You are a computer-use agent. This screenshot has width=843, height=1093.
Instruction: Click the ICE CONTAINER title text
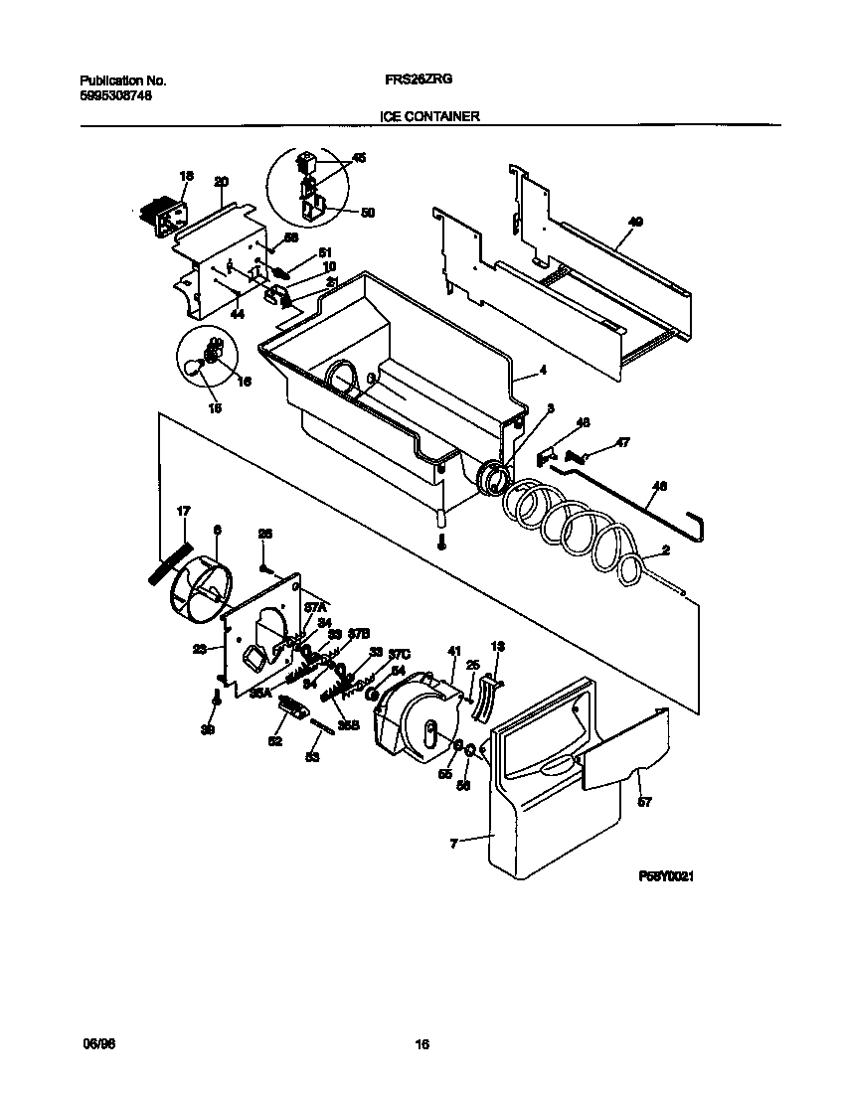coord(429,116)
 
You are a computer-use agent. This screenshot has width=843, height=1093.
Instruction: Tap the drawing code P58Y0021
coord(665,877)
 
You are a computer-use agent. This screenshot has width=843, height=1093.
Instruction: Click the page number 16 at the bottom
coord(421,1044)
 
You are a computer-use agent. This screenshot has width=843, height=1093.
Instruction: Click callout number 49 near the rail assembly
coord(635,222)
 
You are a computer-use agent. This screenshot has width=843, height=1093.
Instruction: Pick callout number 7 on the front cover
coord(454,844)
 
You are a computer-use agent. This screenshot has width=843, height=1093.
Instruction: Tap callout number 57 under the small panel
coord(644,802)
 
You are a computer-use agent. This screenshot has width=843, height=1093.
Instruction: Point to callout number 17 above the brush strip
coord(183,511)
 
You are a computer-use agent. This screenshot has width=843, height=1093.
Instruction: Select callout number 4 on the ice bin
coord(543,372)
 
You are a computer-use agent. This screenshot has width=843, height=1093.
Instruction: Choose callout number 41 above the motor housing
coord(454,651)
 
